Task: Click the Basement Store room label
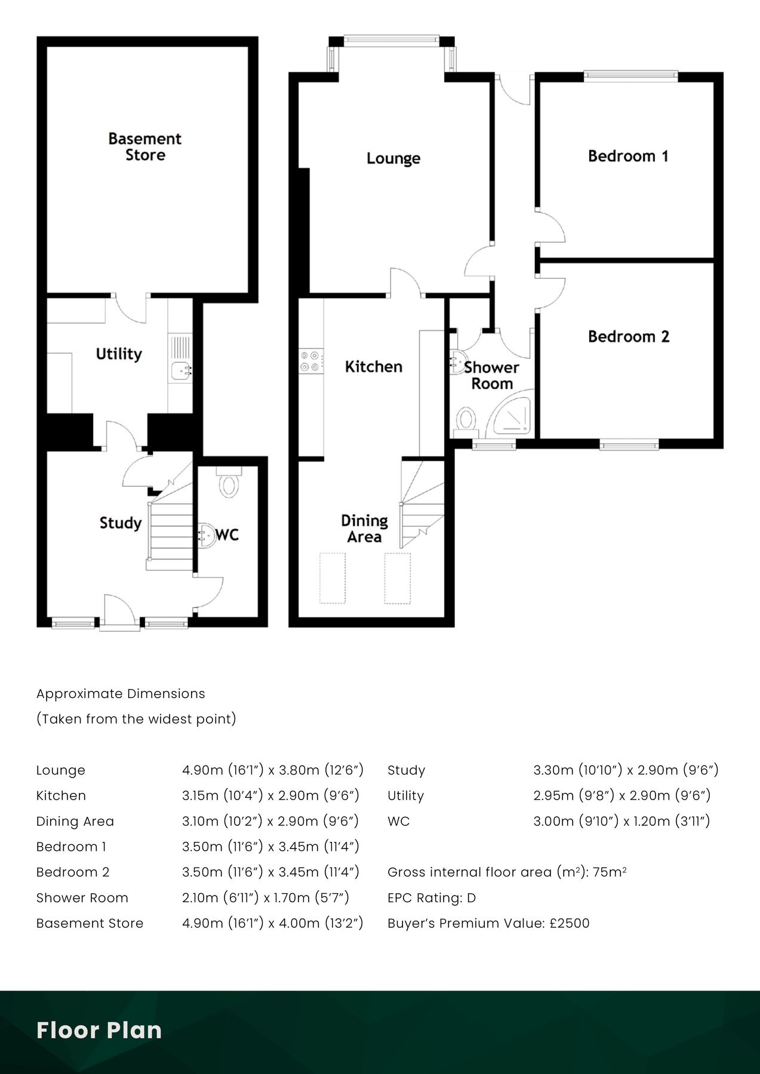coord(144,147)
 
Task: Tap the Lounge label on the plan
coord(393,158)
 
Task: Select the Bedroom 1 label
coord(628,156)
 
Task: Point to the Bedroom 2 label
coord(628,337)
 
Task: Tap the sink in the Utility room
coord(180,371)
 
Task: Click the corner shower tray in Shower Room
coord(510,415)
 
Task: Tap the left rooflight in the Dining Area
coord(333,578)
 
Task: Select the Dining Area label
coord(364,529)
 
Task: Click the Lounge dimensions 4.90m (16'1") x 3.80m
coord(272,770)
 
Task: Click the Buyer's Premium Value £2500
coord(488,923)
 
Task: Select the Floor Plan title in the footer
coord(99,1030)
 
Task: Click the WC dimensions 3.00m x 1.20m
coord(621,821)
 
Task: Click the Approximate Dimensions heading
coord(121,693)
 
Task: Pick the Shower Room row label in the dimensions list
coord(82,897)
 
